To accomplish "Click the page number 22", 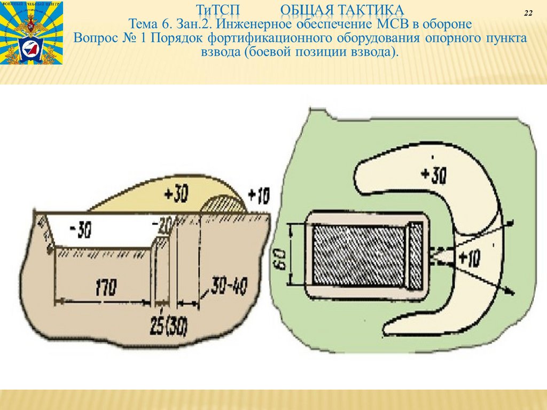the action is tap(528, 13).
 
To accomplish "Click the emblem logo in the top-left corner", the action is tap(32, 33).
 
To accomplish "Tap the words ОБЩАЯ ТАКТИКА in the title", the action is tap(342, 10).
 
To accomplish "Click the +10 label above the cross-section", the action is tap(259, 196).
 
